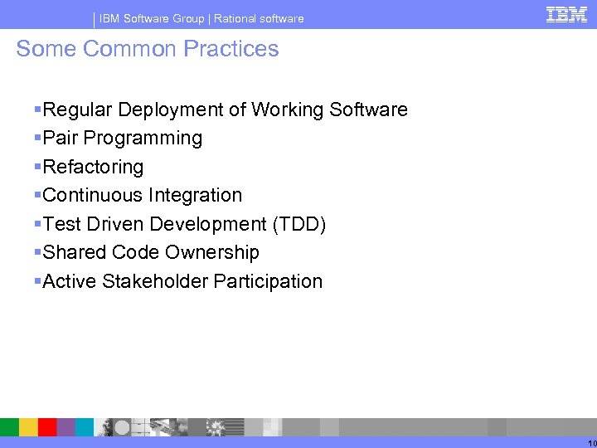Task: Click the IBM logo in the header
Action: point(566,14)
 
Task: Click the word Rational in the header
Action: point(235,18)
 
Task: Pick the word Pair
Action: point(60,139)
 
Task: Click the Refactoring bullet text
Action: point(93,167)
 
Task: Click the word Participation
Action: point(268,281)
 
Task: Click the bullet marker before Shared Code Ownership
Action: point(37,252)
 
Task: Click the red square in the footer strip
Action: point(47,427)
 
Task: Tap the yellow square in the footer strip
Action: point(28,427)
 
